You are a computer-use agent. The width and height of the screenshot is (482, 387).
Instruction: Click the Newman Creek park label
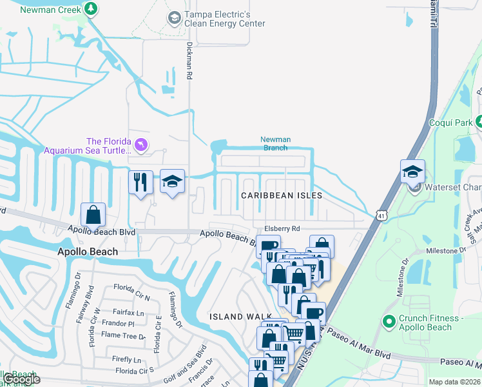[x=51, y=9]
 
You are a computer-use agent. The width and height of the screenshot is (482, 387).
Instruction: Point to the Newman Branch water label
[x=275, y=143]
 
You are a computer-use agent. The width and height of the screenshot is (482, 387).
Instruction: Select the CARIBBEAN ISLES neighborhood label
[x=281, y=195]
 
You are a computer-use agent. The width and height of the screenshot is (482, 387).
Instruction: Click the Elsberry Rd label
[x=282, y=229]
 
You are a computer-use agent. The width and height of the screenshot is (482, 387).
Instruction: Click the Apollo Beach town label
[x=90, y=252]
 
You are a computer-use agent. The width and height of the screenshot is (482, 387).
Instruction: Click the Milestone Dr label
[x=445, y=250]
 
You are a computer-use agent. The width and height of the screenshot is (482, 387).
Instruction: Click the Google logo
[x=22, y=379]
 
